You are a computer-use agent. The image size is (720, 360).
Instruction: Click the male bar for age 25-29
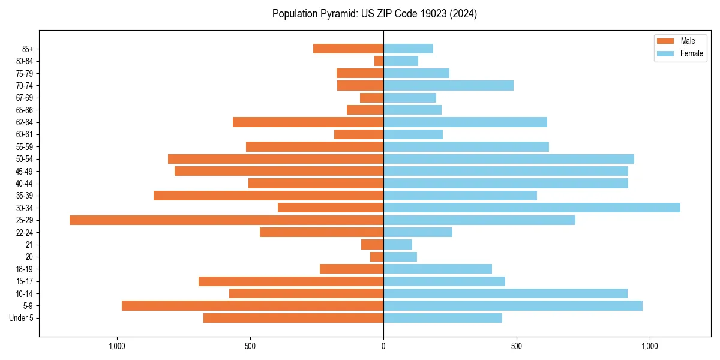(226, 220)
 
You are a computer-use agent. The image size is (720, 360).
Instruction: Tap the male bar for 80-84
(379, 61)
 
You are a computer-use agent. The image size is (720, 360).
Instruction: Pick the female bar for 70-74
(448, 85)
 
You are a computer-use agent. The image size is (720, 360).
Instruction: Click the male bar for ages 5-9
(253, 305)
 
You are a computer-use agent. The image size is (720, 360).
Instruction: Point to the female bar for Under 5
(443, 318)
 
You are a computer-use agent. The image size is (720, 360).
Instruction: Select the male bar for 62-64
(308, 122)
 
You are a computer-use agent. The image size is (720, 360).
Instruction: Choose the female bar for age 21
(398, 244)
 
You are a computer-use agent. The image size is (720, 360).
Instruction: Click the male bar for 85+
(348, 49)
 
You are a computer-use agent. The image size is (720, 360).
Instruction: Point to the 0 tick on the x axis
(383, 346)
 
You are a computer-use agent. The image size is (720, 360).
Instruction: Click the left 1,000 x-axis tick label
(116, 346)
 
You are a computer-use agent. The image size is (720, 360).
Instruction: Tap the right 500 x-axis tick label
(517, 346)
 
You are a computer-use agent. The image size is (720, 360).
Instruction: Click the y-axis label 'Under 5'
(21, 318)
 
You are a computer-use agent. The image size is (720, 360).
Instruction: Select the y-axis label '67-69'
(25, 98)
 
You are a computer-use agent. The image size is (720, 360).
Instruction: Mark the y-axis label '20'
(29, 257)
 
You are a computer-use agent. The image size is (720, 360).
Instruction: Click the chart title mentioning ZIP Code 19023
(374, 14)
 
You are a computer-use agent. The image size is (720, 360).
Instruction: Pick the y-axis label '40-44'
(25, 184)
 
